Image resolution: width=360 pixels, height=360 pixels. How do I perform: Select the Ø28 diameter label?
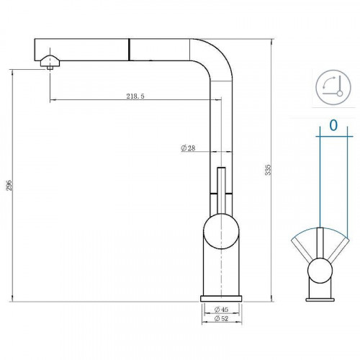(189, 148)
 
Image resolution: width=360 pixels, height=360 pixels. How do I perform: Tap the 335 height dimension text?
(268, 170)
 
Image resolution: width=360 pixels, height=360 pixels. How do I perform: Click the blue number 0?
(333, 125)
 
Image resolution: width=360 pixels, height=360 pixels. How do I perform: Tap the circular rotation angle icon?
(333, 88)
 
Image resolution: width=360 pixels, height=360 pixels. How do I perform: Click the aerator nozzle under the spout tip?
(49, 63)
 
